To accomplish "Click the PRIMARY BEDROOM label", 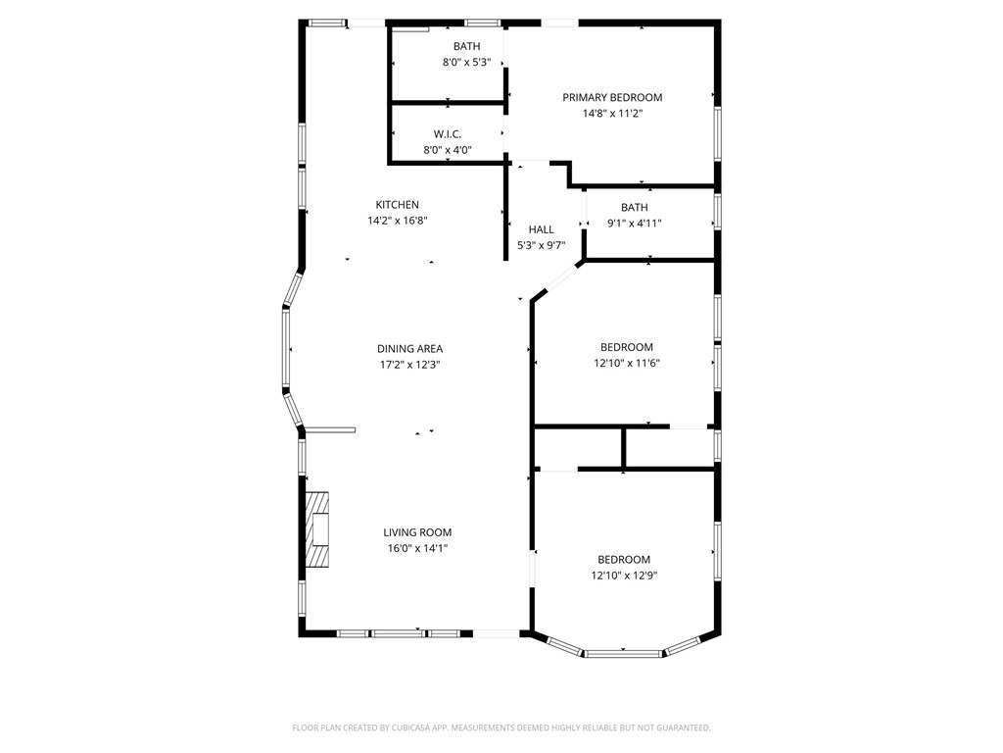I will tap(612, 97).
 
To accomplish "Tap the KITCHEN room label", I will tap(397, 205).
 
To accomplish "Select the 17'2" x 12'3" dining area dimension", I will tap(409, 365).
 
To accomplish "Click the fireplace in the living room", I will tap(318, 529).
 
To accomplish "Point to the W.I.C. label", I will tap(448, 134).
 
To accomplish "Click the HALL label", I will tap(541, 229).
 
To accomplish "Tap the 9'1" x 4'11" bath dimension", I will tap(634, 224).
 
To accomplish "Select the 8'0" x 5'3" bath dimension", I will tap(466, 63).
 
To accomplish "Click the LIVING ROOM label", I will tap(417, 532).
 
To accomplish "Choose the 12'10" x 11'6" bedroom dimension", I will tap(626, 363).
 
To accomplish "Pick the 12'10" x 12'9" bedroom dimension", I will tap(624, 576).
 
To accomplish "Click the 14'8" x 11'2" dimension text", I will tap(612, 114).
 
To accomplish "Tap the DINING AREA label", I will tap(409, 348).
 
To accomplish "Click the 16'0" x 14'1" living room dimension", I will tap(416, 549).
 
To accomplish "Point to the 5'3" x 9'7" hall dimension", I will tap(542, 246).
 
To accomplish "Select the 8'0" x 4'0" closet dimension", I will tap(448, 150).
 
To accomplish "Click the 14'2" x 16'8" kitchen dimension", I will tap(397, 221).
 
